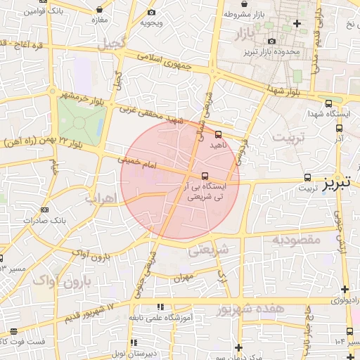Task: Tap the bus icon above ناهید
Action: tap(218, 134)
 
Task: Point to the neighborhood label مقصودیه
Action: tap(295, 240)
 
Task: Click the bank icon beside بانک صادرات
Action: tap(46, 210)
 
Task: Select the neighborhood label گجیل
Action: tap(112, 44)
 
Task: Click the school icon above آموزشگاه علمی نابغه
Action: tap(161, 307)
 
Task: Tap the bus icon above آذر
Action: tap(340, 129)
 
